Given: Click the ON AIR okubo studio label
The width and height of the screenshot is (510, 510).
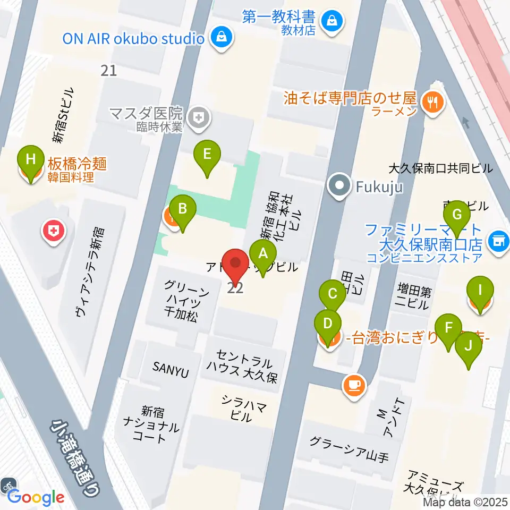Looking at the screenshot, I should point(133,39).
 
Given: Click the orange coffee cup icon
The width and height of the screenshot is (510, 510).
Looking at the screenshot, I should point(353,384).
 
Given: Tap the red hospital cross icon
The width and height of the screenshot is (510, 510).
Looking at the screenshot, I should point(54,231).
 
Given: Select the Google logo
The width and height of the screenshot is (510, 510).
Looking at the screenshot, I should point(36,497).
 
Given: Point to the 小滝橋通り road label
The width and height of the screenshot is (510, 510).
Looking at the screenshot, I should point(75,456).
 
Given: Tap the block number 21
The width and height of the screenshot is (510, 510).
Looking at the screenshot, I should point(108,70).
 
